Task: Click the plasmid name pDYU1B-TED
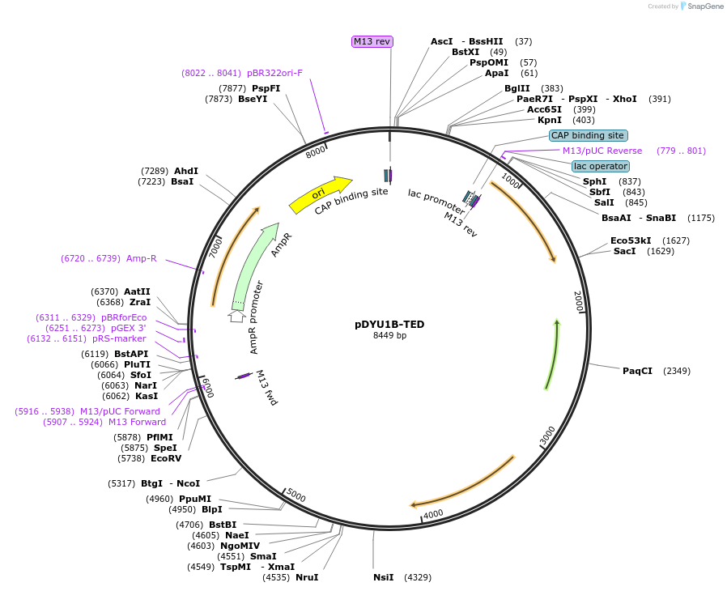pyautogui.click(x=389, y=325)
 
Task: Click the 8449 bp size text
pyautogui.click(x=389, y=335)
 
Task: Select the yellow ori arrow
pyautogui.click(x=319, y=195)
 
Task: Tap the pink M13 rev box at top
pyautogui.click(x=372, y=41)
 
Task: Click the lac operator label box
pyautogui.click(x=600, y=166)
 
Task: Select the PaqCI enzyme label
pyautogui.click(x=637, y=371)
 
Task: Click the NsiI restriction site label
pyautogui.click(x=383, y=577)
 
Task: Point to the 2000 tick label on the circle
pyautogui.click(x=577, y=301)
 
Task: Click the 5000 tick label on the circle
pyautogui.click(x=297, y=495)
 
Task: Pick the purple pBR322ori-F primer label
pyautogui.click(x=274, y=73)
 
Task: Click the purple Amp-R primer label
pyautogui.click(x=141, y=258)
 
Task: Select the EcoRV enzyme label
pyautogui.click(x=166, y=458)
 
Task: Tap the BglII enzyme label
pyautogui.click(x=517, y=88)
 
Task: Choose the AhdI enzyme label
pyautogui.click(x=185, y=171)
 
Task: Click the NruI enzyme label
pyautogui.click(x=307, y=577)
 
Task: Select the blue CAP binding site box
pyautogui.click(x=587, y=135)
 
